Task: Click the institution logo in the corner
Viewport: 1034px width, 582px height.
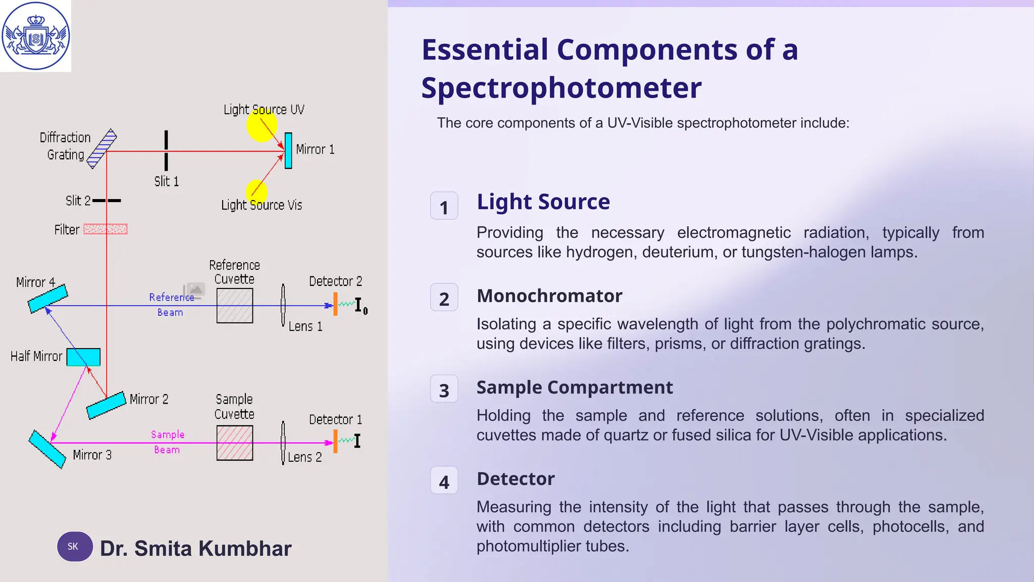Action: [35, 36]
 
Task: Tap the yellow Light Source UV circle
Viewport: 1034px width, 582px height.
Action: [262, 125]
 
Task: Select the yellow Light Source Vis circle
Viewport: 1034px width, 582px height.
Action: [256, 191]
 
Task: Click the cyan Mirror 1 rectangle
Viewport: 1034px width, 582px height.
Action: [288, 151]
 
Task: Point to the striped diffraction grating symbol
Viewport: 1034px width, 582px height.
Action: [101, 149]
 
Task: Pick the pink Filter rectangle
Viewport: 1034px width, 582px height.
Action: [105, 229]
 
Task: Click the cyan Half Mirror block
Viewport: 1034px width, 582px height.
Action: [83, 357]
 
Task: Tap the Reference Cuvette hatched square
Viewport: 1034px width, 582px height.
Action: [235, 306]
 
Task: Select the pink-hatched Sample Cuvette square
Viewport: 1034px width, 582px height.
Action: [235, 443]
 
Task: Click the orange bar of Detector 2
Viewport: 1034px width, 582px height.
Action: [335, 304]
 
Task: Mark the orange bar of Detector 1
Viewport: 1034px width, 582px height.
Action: [335, 442]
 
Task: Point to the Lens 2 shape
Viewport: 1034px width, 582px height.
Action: [283, 443]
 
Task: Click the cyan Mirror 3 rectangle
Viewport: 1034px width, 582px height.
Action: [47, 449]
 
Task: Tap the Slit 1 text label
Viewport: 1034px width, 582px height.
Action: [167, 181]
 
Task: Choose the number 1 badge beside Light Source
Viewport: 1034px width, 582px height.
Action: [444, 206]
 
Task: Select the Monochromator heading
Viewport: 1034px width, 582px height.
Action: [549, 296]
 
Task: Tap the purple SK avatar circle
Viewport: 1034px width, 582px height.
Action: [74, 547]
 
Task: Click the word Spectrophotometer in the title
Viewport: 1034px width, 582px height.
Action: [561, 88]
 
